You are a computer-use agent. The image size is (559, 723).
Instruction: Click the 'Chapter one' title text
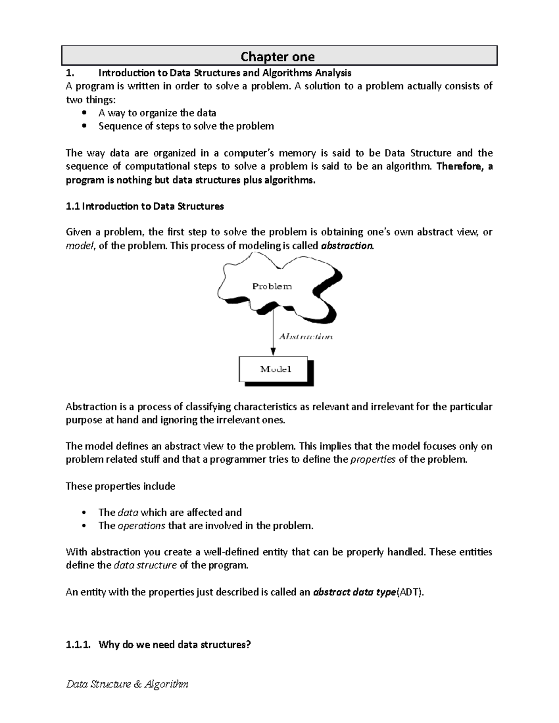click(278, 57)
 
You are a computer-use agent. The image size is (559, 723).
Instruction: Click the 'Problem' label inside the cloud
click(272, 286)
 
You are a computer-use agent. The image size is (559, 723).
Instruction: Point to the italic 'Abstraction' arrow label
click(306, 337)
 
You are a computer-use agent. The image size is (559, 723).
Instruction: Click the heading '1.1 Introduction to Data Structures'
click(145, 206)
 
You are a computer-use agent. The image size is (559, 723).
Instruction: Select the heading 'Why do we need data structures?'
click(175, 645)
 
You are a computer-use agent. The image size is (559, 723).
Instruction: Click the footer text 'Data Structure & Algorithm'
click(127, 684)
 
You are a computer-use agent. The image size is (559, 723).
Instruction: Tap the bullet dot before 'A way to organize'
click(84, 113)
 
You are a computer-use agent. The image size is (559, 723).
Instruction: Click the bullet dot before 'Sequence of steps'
click(84, 126)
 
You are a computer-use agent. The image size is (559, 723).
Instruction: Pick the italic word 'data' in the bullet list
click(128, 513)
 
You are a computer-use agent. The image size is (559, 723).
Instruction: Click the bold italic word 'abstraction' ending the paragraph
click(347, 246)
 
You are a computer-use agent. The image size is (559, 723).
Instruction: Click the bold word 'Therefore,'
click(459, 167)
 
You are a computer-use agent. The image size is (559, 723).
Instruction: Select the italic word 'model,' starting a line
click(80, 246)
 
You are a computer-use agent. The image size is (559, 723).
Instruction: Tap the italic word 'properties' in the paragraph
click(372, 459)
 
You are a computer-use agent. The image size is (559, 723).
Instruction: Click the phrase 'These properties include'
click(120, 486)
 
